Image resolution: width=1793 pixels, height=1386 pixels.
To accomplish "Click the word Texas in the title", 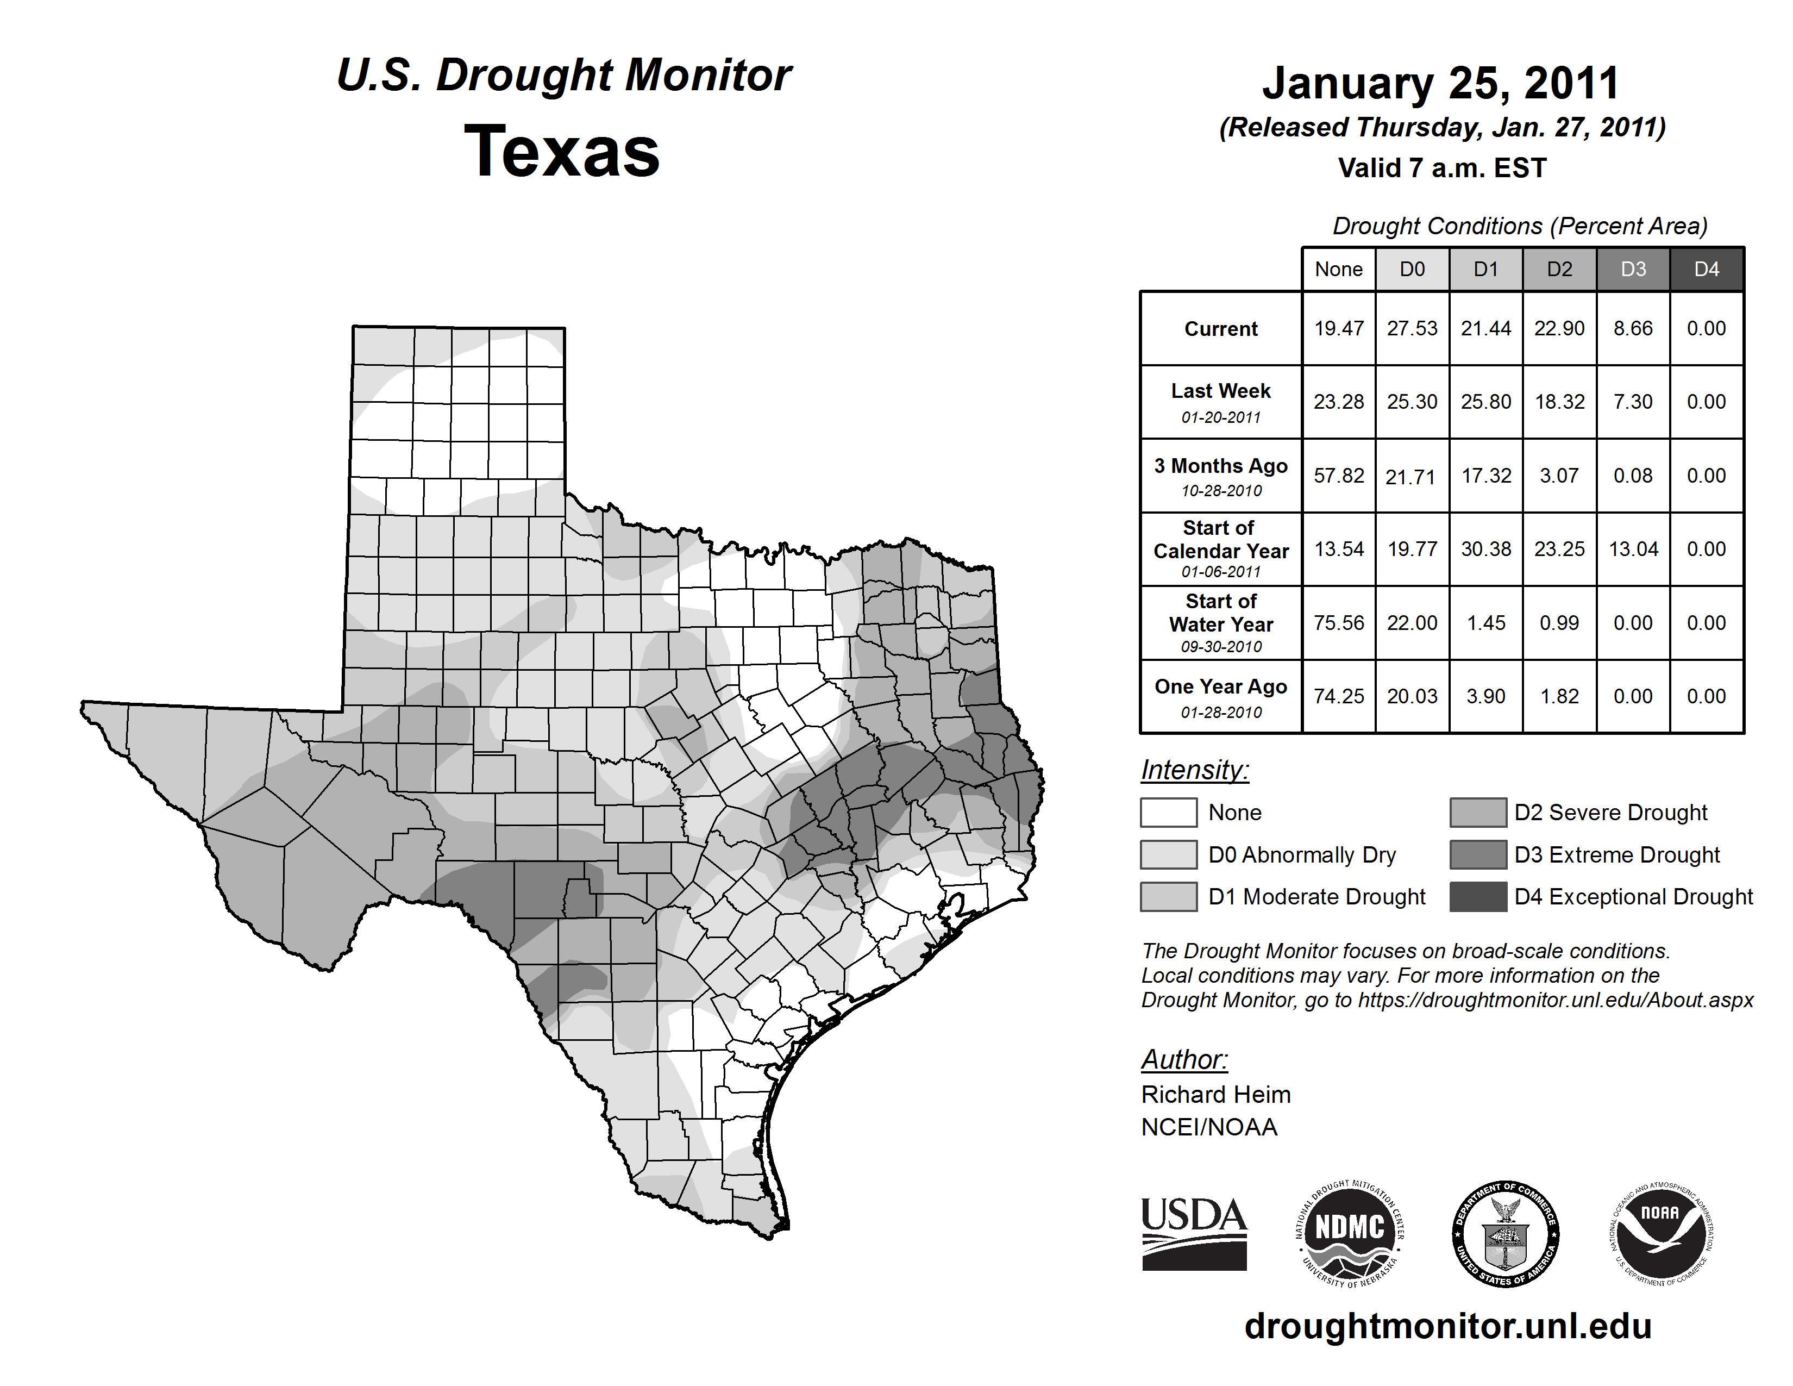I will point(562,152).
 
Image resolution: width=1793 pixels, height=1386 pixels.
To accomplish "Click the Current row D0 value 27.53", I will point(1412,328).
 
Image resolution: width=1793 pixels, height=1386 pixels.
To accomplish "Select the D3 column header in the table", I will point(1633,269).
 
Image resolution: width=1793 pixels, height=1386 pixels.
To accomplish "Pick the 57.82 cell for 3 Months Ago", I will point(1338,476).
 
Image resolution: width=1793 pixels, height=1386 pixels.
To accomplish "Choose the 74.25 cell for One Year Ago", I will point(1338,696).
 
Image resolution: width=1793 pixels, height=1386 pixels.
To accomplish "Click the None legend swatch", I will point(1168,812).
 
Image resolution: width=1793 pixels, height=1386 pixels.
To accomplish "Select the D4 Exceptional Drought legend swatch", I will point(1478,897).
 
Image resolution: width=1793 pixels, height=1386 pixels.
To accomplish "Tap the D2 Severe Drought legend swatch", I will point(1478,812).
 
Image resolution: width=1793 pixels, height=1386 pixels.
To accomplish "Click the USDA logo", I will point(1194,1233).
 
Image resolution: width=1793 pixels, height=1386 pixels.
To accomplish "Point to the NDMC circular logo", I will point(1350,1233).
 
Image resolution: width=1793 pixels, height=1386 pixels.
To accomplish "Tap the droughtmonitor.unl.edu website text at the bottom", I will point(1447,1326).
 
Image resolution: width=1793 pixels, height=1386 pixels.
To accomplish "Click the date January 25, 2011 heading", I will point(1441,83).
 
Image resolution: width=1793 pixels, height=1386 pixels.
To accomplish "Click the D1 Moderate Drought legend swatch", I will point(1168,897).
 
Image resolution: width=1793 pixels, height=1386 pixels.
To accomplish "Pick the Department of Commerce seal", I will point(1505,1233).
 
